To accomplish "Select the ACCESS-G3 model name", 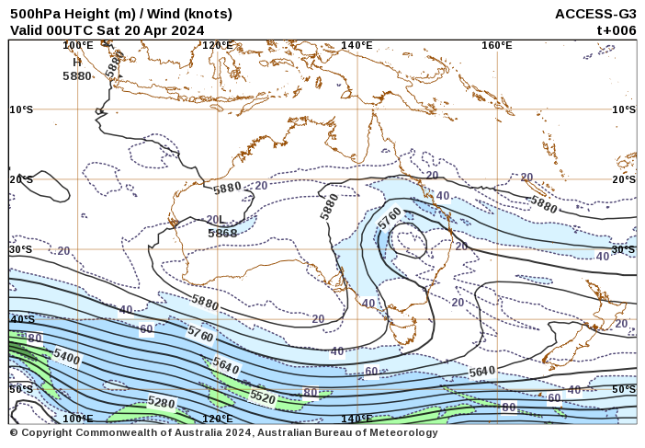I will coord(595,14).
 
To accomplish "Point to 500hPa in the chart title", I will coord(36,14).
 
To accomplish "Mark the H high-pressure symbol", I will coord(77,63).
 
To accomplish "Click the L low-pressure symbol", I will coord(221,220).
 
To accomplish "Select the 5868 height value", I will coord(222,234).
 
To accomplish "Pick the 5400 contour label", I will coord(66,355).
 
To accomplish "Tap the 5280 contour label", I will coord(161,403).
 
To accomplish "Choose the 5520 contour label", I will coord(263,397).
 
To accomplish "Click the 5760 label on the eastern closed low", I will coord(390,219).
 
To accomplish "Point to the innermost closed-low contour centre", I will coord(407,245).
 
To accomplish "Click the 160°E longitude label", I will coord(496,45).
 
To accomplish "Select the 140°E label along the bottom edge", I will coord(356,419).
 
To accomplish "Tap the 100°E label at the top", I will coord(78,45).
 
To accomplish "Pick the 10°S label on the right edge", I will coord(624,109).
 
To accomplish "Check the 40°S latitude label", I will coord(22,319).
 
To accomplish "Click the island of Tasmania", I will coord(402,327).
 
